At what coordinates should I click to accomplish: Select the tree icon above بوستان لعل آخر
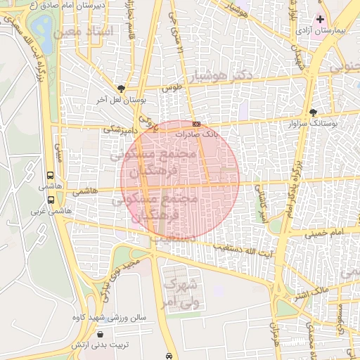click(x=122, y=89)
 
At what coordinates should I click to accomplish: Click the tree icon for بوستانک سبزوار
click(x=313, y=112)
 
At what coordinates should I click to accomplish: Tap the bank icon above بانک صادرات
click(x=196, y=124)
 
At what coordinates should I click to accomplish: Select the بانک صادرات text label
click(x=198, y=133)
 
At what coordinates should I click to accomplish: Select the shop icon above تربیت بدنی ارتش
click(x=103, y=334)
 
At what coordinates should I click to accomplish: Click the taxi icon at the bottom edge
click(x=170, y=356)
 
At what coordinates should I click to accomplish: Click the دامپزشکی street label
click(x=119, y=129)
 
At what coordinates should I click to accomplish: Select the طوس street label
click(x=171, y=89)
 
